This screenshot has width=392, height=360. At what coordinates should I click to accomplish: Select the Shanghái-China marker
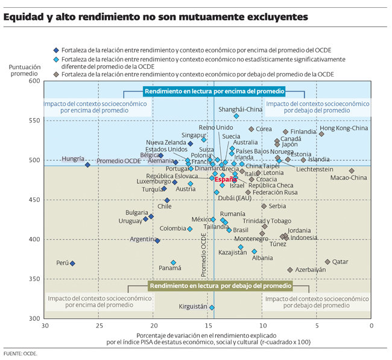coord(236,116)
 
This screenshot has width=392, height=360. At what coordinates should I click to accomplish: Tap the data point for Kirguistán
coord(212,308)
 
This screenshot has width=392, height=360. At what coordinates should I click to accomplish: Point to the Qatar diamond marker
coord(327,262)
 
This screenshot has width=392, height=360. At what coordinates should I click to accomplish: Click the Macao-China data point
coord(352,171)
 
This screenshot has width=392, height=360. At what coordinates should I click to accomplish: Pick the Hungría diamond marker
coord(87,165)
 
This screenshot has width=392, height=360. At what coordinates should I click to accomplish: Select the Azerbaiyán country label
coord(311,270)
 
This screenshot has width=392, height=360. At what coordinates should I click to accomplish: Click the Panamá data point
coord(173,262)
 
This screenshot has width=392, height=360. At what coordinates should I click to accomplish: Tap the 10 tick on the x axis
coord(262,326)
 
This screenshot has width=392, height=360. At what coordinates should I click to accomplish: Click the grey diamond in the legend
coord(56,74)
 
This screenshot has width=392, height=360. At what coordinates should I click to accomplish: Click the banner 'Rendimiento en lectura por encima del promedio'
coord(213,92)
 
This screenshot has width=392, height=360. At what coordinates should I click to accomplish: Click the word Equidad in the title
coord(22,17)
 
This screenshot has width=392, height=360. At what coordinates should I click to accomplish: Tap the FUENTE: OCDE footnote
coord(21,353)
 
